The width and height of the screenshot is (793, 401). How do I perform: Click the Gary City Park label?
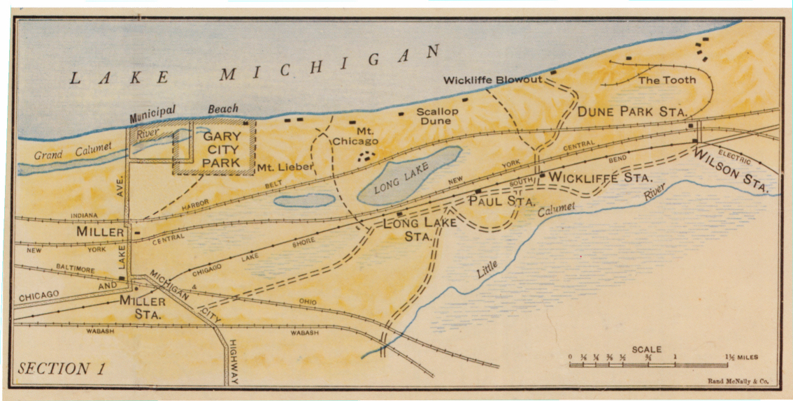point(221,150)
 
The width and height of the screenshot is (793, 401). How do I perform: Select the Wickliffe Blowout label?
point(492,80)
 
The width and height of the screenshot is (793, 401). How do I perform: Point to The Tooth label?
point(668,80)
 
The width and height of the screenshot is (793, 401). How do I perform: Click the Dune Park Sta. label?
point(633,112)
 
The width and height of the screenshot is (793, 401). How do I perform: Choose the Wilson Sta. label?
point(731,172)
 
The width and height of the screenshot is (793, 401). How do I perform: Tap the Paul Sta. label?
point(501,201)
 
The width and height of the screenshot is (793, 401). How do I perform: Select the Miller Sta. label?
point(142,308)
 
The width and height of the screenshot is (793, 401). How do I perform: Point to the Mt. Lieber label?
point(284,167)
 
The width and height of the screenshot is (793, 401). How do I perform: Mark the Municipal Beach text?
point(183,110)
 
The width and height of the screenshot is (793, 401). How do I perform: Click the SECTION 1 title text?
point(62,369)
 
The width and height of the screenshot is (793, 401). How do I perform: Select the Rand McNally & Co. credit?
point(738,382)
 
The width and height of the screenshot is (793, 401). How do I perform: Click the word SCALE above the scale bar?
point(647,349)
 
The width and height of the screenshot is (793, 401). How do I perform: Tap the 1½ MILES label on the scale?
point(742,358)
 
